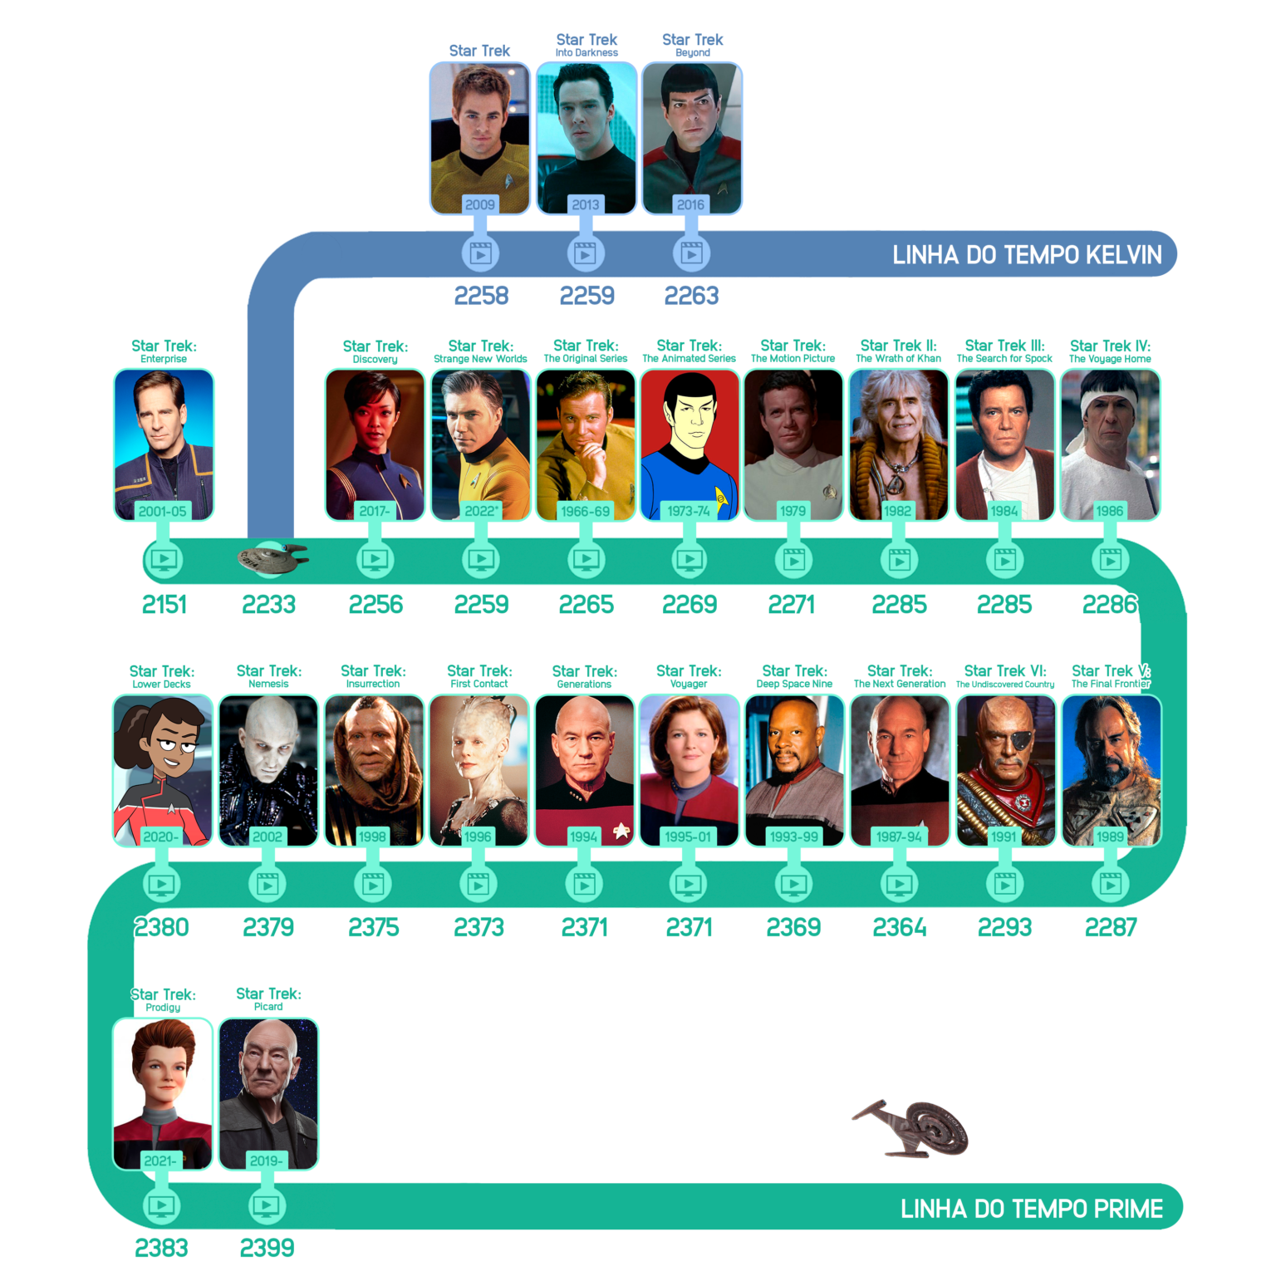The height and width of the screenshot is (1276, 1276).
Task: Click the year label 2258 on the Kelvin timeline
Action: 481,296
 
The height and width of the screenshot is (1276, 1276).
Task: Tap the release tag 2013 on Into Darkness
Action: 586,204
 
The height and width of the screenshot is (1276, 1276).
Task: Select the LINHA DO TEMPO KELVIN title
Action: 1027,255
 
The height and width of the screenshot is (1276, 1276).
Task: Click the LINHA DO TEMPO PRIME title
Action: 1032,1209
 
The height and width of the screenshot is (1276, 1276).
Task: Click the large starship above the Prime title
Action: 912,1128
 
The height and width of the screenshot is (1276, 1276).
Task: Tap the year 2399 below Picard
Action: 267,1248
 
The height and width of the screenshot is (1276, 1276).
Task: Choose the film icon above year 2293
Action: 1005,885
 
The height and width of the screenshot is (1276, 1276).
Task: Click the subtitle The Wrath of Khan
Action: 899,359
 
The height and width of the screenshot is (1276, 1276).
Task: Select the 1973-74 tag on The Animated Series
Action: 689,511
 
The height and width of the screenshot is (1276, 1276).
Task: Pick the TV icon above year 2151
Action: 164,560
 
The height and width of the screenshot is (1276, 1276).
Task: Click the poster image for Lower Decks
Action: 163,771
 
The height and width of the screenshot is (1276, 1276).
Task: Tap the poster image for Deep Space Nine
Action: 795,771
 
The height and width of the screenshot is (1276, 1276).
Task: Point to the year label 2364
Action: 900,927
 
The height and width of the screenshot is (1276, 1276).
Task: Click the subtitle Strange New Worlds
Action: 480,359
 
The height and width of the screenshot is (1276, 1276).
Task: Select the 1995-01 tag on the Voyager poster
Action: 689,837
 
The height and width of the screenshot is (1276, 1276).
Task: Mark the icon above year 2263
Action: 691,253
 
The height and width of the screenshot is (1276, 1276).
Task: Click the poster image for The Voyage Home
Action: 1111,445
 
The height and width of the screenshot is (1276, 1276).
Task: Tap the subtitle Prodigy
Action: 163,1008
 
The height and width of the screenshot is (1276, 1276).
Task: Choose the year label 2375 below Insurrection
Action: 374,927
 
